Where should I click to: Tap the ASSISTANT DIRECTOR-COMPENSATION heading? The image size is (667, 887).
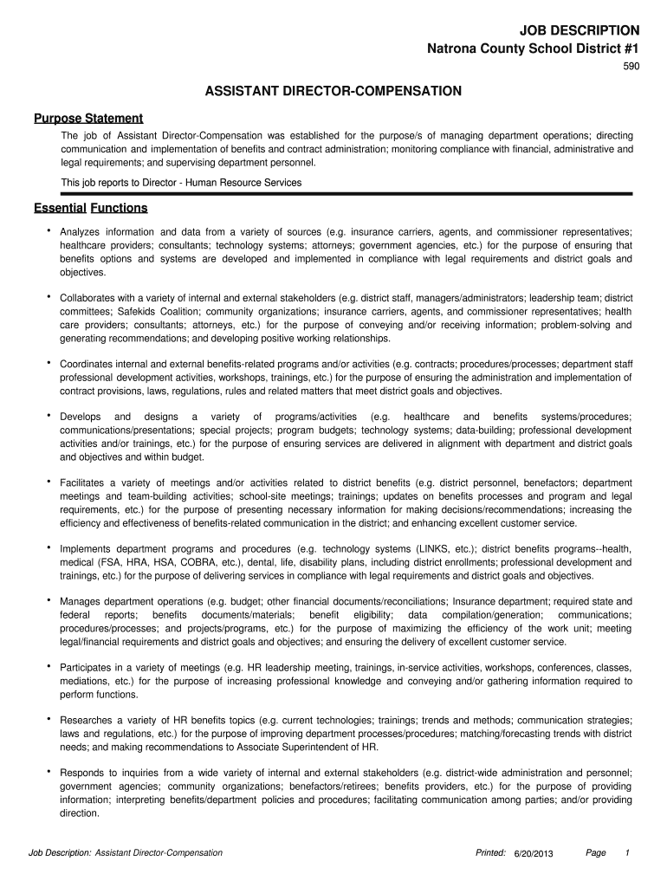pos(333,91)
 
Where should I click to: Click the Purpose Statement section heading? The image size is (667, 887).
pos(88,118)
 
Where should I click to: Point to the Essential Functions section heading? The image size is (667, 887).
pos(91,208)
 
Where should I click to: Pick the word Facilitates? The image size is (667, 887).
pos(84,482)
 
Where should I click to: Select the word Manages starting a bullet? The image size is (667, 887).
pos(81,601)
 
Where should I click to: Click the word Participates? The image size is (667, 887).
pos(89,668)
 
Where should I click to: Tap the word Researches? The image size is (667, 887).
pos(87,720)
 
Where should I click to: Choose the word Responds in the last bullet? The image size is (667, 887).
pos(84,773)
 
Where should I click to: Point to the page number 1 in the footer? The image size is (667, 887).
pos(626,853)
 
